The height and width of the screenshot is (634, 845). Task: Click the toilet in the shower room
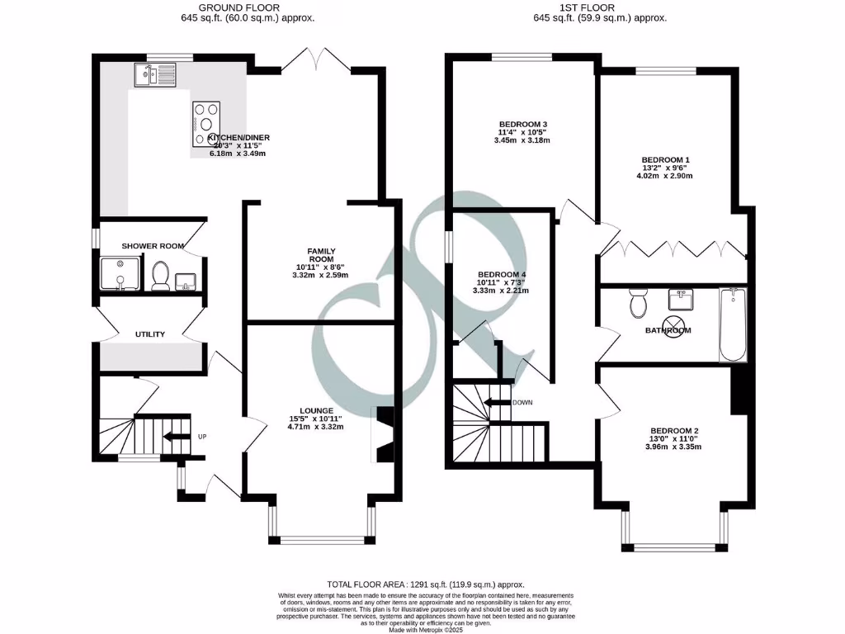tap(161, 276)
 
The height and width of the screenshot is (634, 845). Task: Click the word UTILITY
tap(150, 334)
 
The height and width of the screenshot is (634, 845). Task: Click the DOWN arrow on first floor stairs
tap(497, 403)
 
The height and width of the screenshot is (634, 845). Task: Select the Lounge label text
tap(317, 410)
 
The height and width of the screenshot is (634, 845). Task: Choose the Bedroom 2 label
tap(674, 431)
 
